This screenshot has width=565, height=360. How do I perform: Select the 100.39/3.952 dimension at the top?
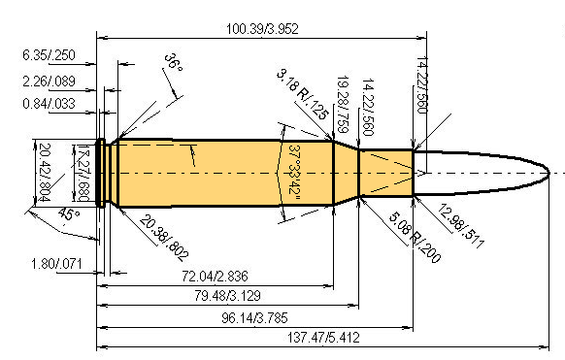(257, 28)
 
